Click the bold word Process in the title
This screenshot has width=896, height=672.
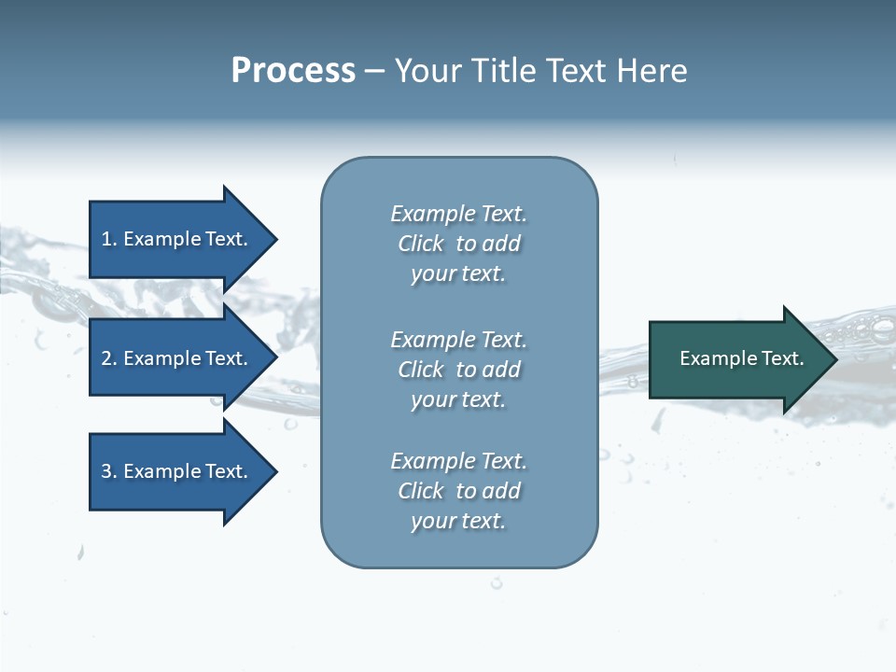293,71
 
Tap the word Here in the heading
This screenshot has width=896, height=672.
651,71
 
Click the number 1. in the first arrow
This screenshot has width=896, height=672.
109,239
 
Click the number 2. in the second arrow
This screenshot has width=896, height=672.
109,358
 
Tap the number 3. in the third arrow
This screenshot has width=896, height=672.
109,471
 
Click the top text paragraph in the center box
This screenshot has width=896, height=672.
458,244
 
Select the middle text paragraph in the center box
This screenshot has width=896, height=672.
458,370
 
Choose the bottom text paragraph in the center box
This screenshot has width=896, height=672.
458,491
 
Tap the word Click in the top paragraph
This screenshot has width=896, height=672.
421,244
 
